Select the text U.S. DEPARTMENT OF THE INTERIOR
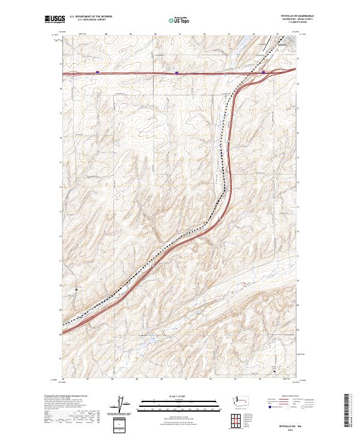tap(91, 17)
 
